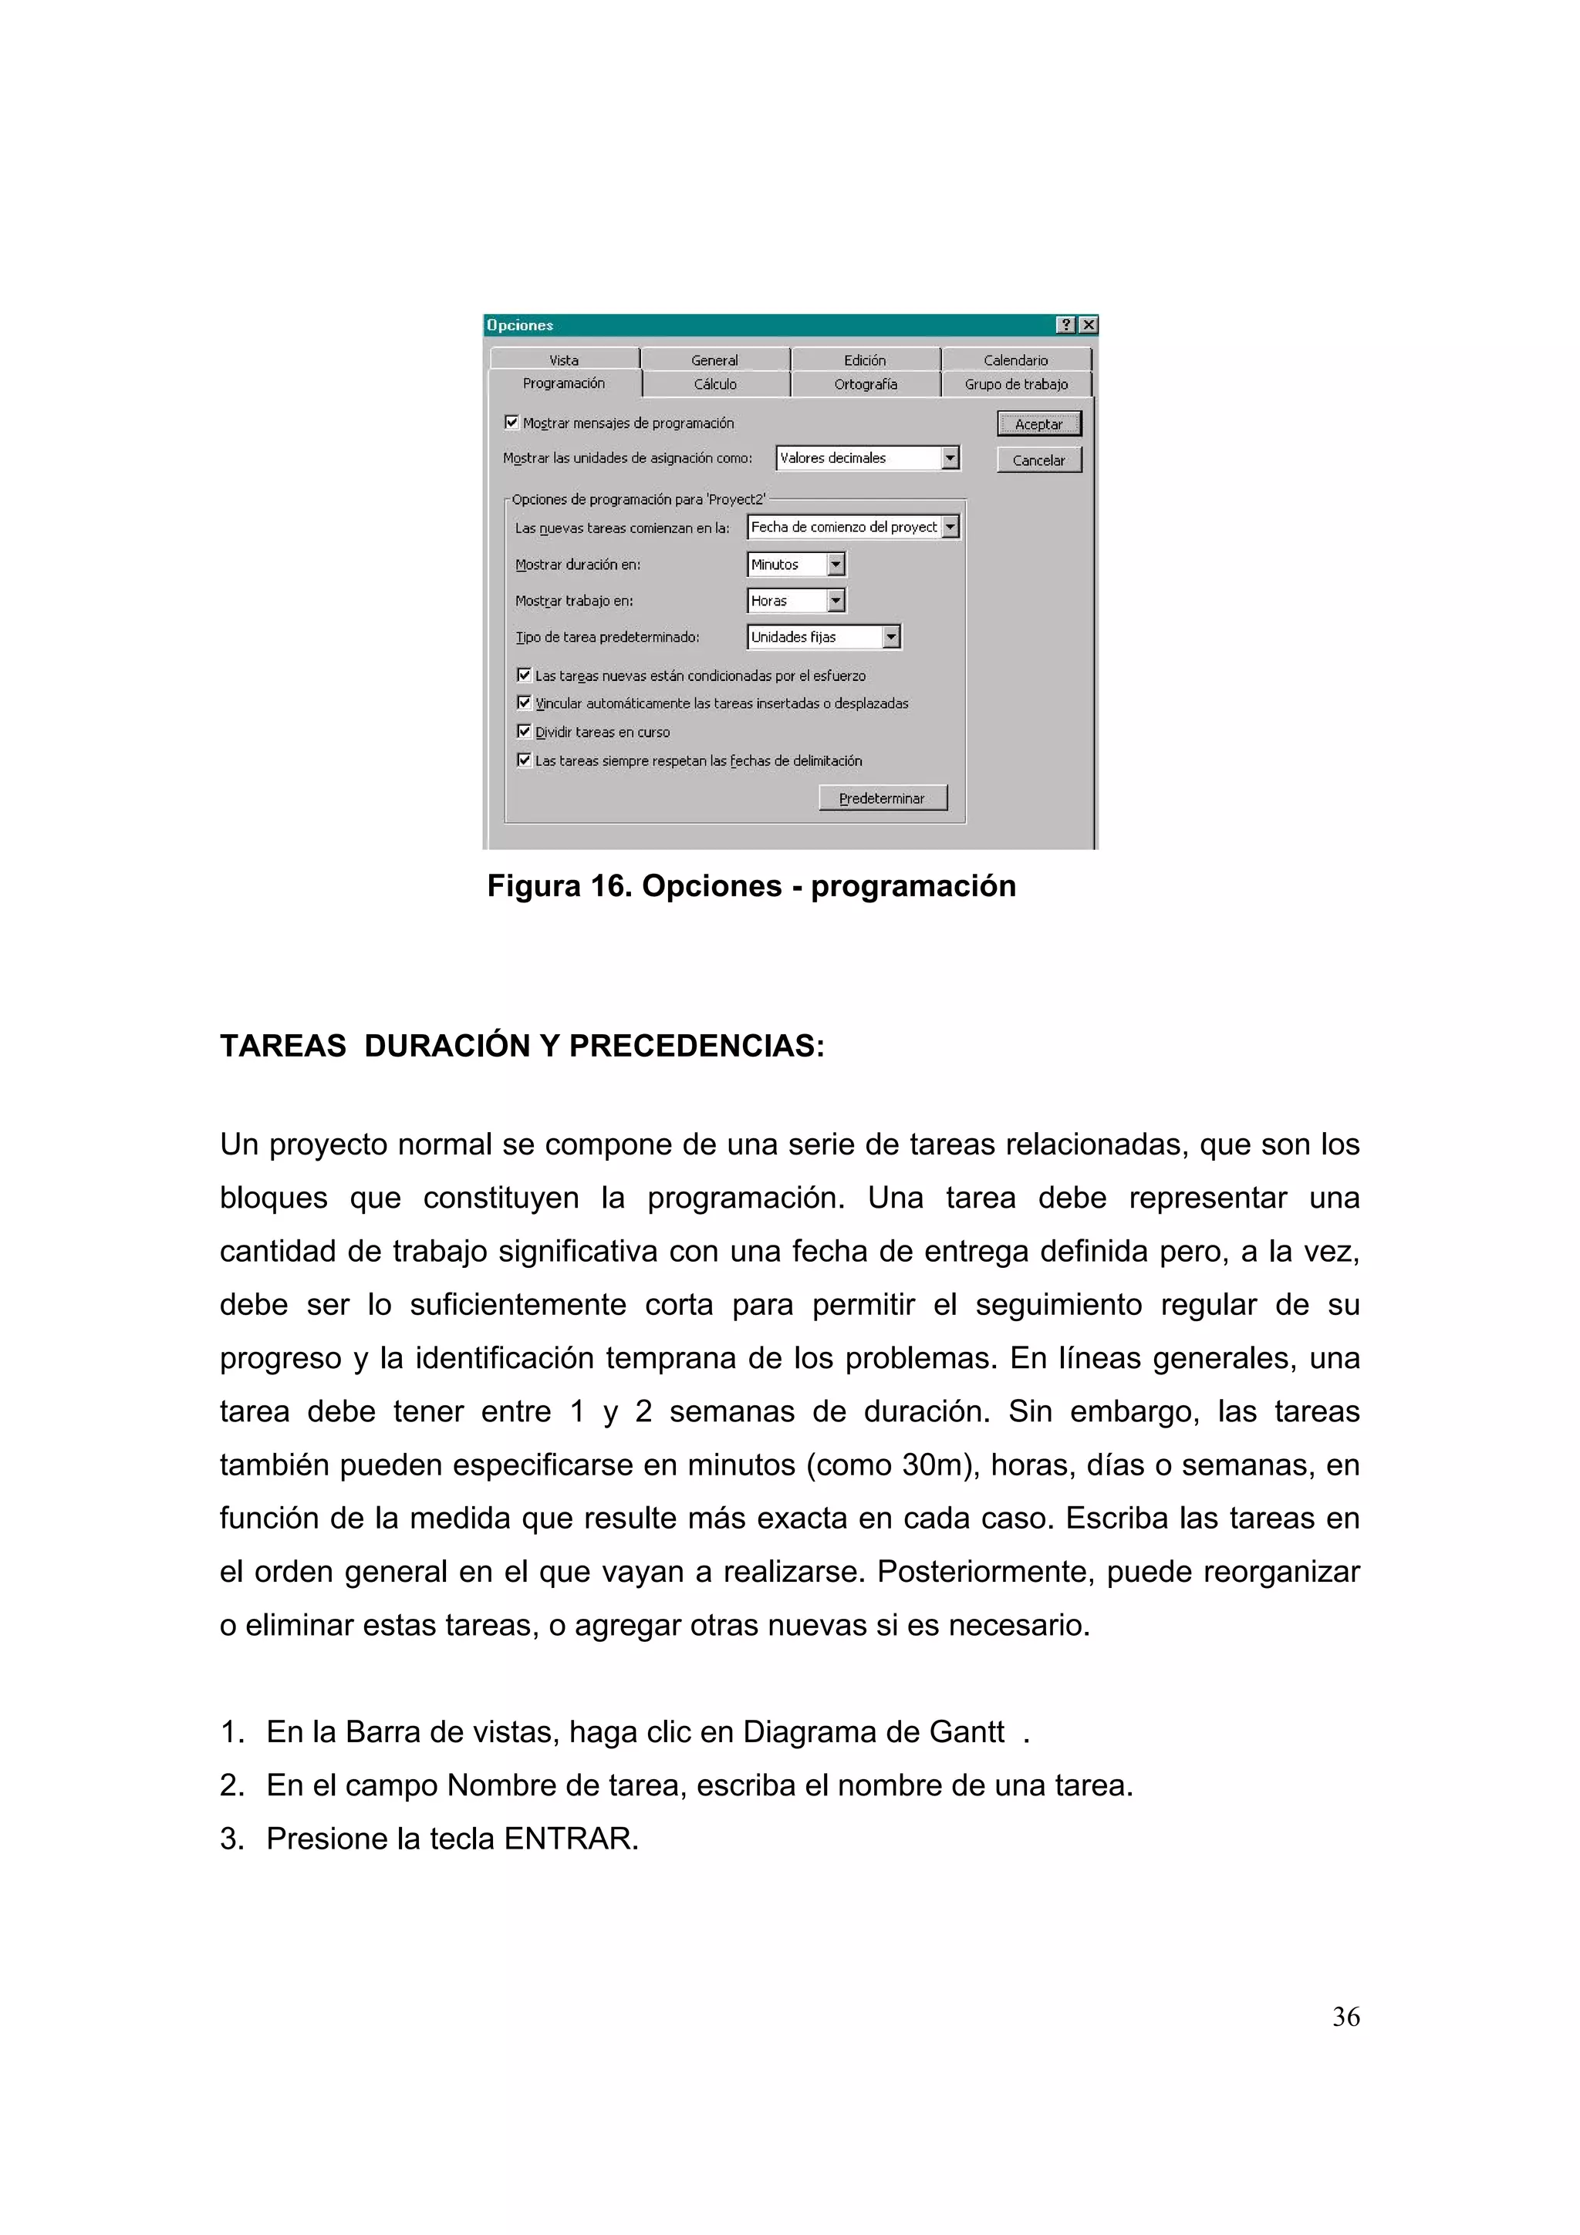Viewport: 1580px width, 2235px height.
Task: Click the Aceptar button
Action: pos(1038,423)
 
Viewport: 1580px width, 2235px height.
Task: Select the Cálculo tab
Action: pos(714,385)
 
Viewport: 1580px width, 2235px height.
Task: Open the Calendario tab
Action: pos(1015,360)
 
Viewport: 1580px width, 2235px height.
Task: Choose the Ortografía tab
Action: pos(865,385)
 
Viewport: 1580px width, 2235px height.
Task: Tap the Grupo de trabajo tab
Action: pos(1015,385)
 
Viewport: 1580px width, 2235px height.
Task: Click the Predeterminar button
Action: pos(882,798)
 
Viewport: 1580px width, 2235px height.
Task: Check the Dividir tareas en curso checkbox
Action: pos(525,731)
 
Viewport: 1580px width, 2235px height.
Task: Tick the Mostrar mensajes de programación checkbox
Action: pos(511,423)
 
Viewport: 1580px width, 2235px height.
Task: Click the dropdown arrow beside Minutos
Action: pos(836,565)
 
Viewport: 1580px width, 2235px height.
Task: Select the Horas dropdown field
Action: pos(787,601)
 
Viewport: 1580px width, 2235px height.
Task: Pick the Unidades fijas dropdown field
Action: pos(814,636)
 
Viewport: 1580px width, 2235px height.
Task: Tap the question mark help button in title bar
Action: pos(1066,325)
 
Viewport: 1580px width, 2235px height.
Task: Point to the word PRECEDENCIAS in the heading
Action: pos(696,1046)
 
